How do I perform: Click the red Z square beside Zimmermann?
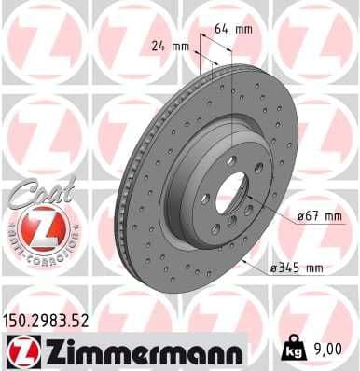pyautogui.click(x=19, y=351)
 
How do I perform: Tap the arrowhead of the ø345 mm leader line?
pyautogui.click(x=244, y=264)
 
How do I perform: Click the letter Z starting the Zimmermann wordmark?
pyautogui.click(x=48, y=351)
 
